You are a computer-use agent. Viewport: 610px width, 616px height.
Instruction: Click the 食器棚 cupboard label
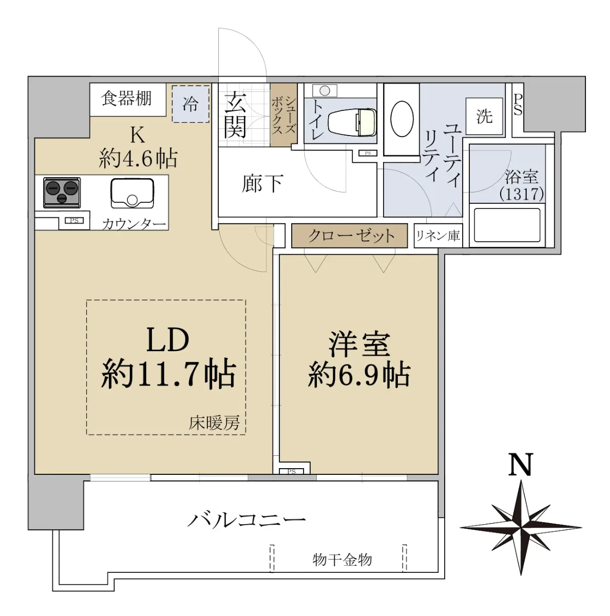126,99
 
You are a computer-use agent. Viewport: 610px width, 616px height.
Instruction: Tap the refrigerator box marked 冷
190,104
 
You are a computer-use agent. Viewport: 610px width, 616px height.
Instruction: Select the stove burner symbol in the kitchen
62,192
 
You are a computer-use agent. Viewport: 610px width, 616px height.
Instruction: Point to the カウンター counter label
134,224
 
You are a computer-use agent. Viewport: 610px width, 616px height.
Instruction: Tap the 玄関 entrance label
235,115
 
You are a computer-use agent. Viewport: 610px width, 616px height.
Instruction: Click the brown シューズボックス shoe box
284,115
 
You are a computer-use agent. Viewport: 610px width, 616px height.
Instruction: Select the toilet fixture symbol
352,123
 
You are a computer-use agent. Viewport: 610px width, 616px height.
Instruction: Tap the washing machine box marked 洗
484,116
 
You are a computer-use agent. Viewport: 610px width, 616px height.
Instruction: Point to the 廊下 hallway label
262,184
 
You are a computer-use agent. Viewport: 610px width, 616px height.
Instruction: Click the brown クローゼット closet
349,236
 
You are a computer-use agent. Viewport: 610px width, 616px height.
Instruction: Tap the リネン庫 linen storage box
438,236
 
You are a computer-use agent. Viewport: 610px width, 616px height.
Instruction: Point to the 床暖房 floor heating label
214,424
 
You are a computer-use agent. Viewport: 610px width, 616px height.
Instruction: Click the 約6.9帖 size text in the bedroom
359,374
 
